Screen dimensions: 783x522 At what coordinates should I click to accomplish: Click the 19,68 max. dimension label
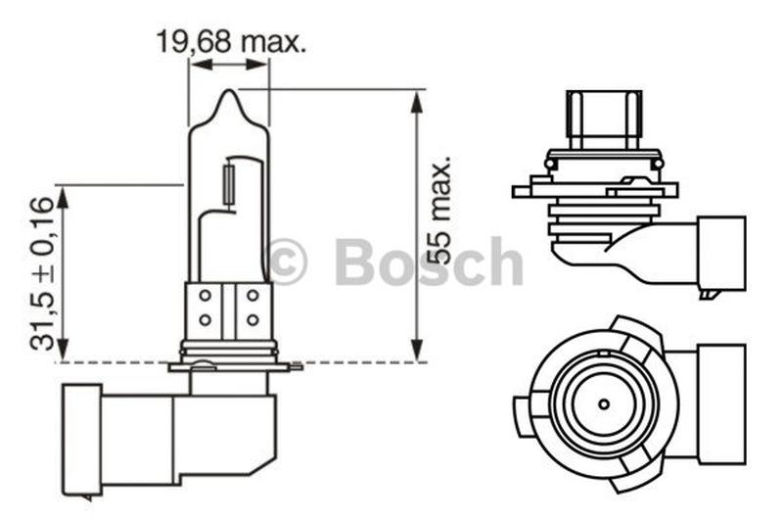coord(230,42)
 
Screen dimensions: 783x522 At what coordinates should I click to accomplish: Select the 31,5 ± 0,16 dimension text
coord(41,273)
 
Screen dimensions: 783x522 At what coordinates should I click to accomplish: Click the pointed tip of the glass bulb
coord(229,90)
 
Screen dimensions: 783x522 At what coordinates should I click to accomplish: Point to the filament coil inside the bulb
coord(229,185)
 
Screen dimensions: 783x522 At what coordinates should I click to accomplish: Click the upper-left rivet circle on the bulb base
coord(205,295)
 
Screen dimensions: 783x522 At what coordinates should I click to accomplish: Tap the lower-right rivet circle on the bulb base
coord(253,319)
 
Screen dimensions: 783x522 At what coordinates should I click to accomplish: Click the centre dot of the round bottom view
coord(604,403)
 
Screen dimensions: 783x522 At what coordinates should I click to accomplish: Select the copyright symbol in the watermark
coord(287,261)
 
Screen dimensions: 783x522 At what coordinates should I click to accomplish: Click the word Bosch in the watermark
coord(430,261)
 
